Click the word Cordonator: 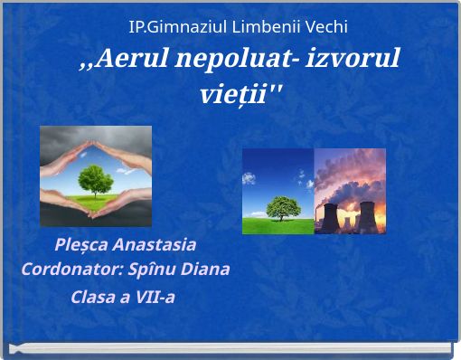click(x=64, y=270)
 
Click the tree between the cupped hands click(x=96, y=177)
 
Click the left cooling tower click(x=331, y=217)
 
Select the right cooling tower click(x=366, y=216)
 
